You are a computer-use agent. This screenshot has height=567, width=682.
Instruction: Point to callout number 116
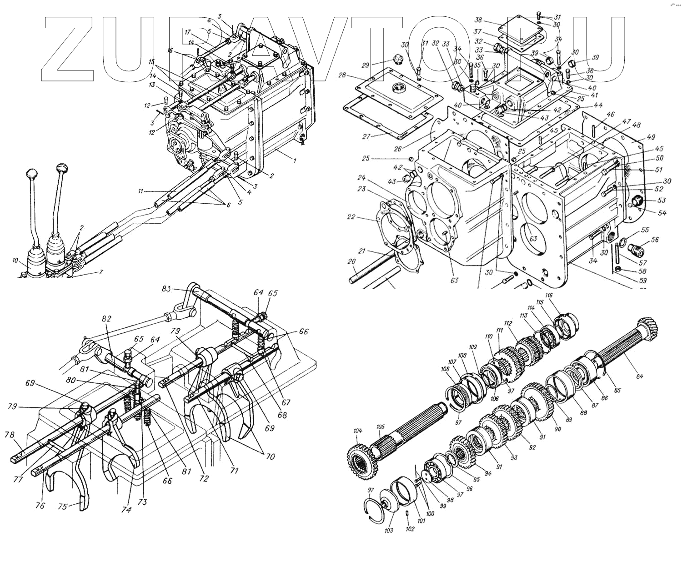pos(549,296)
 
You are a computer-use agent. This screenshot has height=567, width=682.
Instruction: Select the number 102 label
pos(410,529)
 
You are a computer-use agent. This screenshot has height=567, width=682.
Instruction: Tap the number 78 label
pos(8,434)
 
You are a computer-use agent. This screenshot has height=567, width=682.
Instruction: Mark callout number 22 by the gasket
pos(350,217)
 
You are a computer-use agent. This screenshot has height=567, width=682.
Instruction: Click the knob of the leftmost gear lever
pos(31,174)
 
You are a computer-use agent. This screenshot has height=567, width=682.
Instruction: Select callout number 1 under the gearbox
pos(294,160)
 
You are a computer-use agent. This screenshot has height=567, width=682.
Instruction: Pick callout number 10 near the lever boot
pos(15,261)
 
